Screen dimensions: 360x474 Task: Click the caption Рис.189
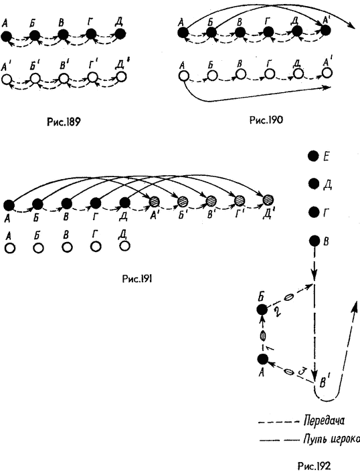pyautogui.click(x=64, y=122)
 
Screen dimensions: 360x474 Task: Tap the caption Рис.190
pyautogui.click(x=266, y=120)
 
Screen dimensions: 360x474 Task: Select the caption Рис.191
pyautogui.click(x=137, y=279)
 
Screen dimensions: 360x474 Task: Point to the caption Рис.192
pyautogui.click(x=314, y=465)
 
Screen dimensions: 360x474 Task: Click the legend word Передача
pyautogui.click(x=324, y=421)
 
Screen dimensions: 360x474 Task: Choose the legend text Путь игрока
pyautogui.click(x=331, y=439)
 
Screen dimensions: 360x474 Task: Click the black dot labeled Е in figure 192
pyautogui.click(x=313, y=156)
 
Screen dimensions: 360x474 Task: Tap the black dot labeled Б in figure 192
pyautogui.click(x=262, y=310)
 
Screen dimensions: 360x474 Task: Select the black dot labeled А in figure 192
pyautogui.click(x=262, y=359)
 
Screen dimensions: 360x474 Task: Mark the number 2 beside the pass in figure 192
pyautogui.click(x=278, y=311)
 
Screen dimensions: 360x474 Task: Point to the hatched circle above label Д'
pyautogui.click(x=268, y=199)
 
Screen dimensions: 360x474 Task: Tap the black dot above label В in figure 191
pyautogui.click(x=66, y=203)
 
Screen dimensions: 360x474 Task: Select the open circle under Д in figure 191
pyautogui.click(x=124, y=246)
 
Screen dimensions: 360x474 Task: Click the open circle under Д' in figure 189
pyautogui.click(x=121, y=77)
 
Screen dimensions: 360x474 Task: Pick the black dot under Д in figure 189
pyautogui.click(x=120, y=34)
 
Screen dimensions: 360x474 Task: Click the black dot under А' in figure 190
pyautogui.click(x=325, y=30)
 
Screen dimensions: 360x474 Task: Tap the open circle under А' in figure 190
pyautogui.click(x=327, y=73)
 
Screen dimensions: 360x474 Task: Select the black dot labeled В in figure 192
pyautogui.click(x=314, y=241)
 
